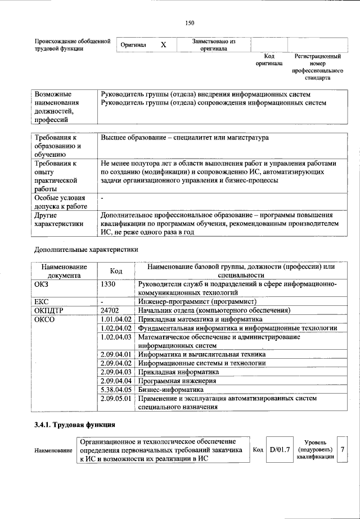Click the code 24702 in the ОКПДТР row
click(x=110, y=310)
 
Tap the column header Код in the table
click(x=116, y=270)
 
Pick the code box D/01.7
click(x=280, y=449)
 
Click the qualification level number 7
click(x=342, y=449)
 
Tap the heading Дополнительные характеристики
click(x=85, y=248)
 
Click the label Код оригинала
click(x=269, y=60)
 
